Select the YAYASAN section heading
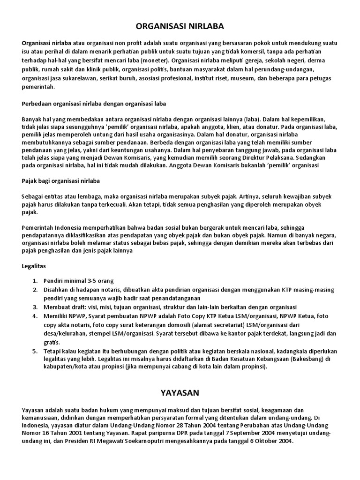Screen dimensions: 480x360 point(180,392)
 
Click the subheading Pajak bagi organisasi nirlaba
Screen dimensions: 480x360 point(61,180)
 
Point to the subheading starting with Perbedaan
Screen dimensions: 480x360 point(94,103)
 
